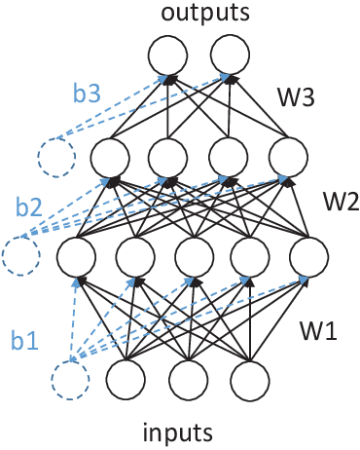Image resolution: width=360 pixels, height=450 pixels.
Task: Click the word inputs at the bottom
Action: (x=192, y=431)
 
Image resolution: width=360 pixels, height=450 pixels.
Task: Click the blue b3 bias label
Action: (x=86, y=95)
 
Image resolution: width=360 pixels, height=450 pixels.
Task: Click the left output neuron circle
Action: (x=167, y=54)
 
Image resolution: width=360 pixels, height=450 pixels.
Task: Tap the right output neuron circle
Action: (x=230, y=54)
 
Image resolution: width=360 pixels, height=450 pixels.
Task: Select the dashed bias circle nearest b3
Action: (x=55, y=156)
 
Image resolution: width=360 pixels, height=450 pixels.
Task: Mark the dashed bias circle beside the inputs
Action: (x=72, y=380)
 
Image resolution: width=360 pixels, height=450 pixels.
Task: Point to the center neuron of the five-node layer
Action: (x=195, y=256)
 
